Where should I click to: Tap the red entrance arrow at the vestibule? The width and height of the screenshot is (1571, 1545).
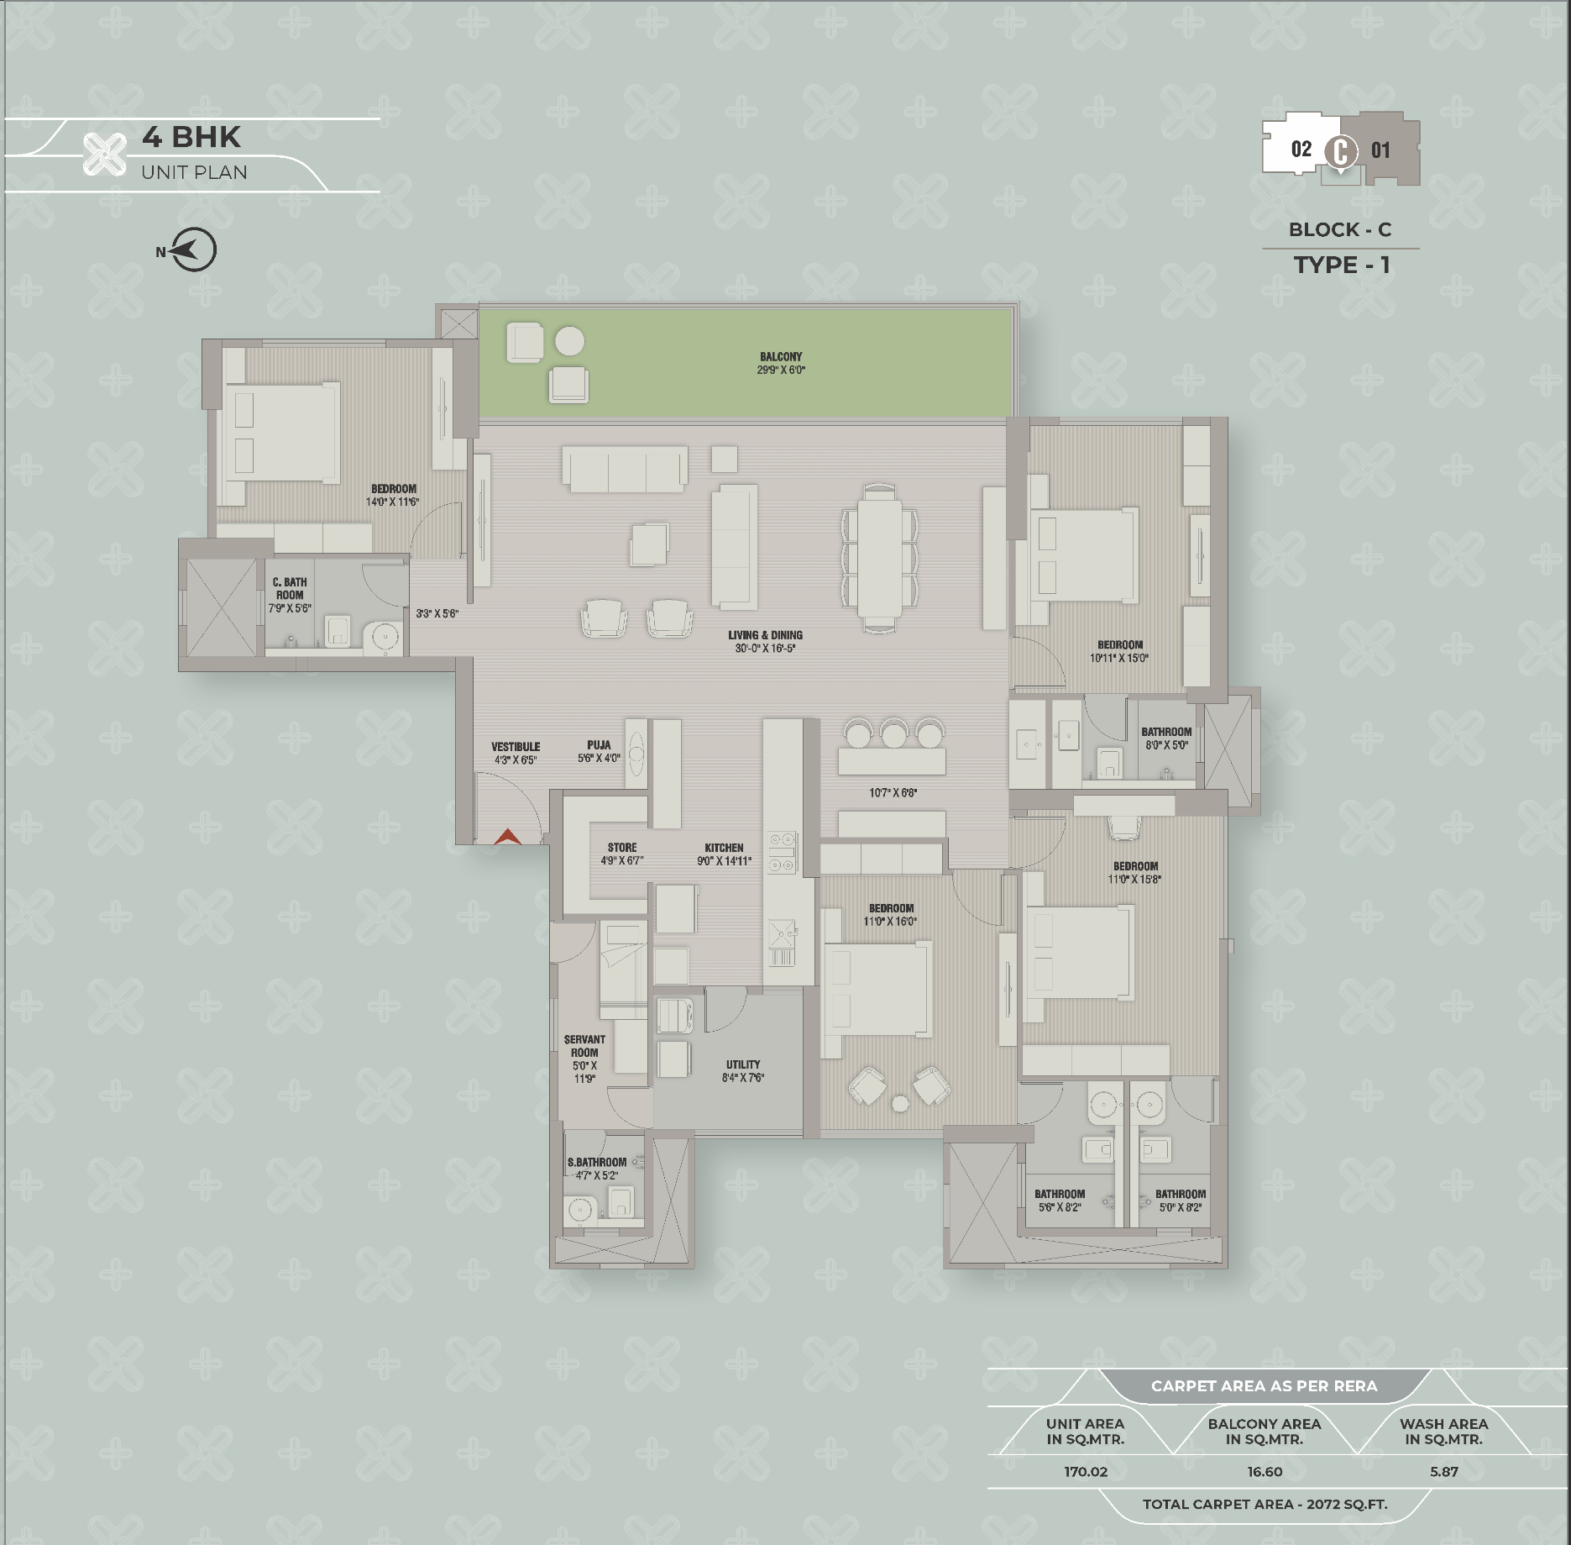coord(507,836)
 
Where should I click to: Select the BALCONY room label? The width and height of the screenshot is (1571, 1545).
coord(781,356)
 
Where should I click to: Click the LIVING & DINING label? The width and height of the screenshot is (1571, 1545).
coord(765,635)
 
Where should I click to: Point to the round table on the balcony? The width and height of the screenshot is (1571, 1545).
coord(570,342)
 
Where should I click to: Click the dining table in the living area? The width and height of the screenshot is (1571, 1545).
coord(880,558)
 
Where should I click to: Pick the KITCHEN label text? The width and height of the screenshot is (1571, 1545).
coord(724,848)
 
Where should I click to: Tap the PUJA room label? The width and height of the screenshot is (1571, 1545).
coord(599,744)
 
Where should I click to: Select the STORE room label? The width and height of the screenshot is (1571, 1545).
coord(622,848)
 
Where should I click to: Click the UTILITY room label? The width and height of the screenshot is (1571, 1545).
coord(743,1064)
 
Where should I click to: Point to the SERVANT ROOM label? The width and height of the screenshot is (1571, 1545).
coord(584,1046)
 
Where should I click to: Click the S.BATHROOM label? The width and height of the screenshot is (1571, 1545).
coord(597,1163)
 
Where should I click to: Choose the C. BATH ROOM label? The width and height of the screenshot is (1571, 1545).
coord(290,588)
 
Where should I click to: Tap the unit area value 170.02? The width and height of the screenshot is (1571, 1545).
coord(1086,1472)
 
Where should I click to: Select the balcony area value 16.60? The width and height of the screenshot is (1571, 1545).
coord(1265,1472)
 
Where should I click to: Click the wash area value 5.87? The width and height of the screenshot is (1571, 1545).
coord(1444,1472)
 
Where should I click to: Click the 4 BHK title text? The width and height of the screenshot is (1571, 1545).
coord(191,137)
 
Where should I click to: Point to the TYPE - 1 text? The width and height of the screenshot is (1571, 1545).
coord(1342,265)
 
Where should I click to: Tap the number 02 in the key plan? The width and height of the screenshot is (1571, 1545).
coord(1301,150)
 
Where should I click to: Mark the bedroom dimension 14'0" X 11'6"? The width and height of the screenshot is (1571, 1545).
coord(392,502)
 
